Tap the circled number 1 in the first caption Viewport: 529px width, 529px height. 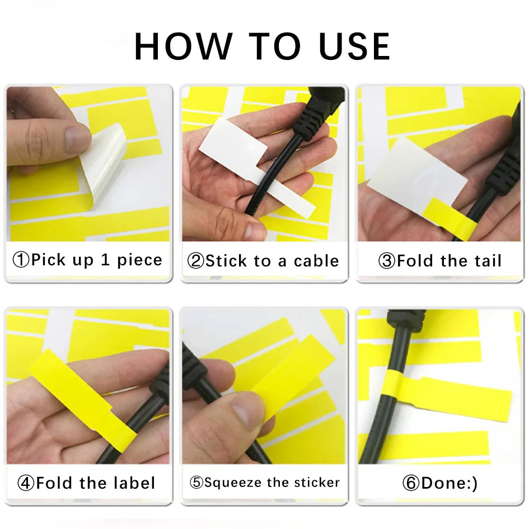(x=21, y=260)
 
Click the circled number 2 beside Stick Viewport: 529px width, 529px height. (x=196, y=261)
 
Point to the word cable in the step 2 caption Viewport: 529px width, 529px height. (x=316, y=261)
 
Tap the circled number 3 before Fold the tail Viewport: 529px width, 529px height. (x=387, y=261)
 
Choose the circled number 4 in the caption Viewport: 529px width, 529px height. (x=26, y=483)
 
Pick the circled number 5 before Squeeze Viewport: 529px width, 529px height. (x=196, y=483)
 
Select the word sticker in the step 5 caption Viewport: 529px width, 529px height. (x=317, y=483)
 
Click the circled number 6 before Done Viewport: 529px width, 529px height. (x=411, y=483)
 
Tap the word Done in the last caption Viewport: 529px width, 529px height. (x=442, y=483)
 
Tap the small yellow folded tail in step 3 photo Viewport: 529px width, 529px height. (x=451, y=218)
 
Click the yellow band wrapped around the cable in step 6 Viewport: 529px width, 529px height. (x=393, y=387)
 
